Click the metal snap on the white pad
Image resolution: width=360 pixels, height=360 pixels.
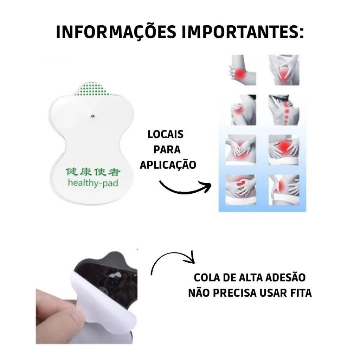(92, 116)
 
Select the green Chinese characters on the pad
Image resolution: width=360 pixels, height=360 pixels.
(93, 172)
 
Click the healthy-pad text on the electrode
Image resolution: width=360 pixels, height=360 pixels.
(93, 183)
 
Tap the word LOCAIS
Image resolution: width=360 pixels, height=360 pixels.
(165, 135)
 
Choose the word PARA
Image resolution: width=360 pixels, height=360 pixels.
(167, 150)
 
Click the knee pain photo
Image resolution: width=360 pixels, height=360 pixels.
(284, 70)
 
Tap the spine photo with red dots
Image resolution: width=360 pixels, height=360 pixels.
(284, 110)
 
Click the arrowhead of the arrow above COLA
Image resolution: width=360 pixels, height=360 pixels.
(191, 258)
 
